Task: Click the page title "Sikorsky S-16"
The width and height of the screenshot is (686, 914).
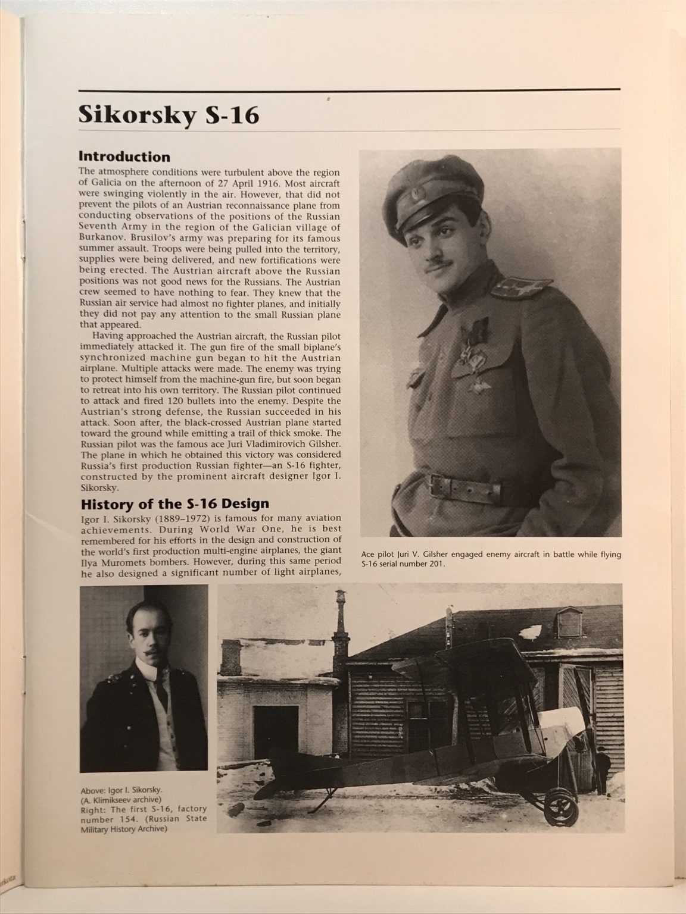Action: pyautogui.click(x=169, y=114)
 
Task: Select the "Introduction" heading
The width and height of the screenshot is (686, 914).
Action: pyautogui.click(x=124, y=157)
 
